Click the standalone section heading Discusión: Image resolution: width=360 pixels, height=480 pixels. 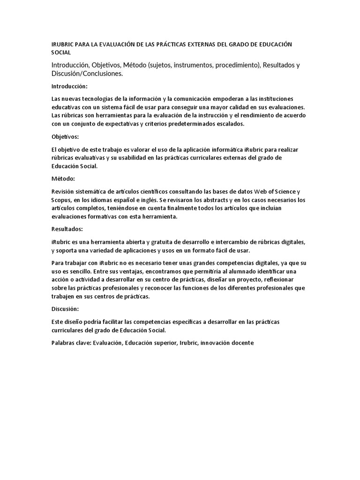click(x=65, y=309)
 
